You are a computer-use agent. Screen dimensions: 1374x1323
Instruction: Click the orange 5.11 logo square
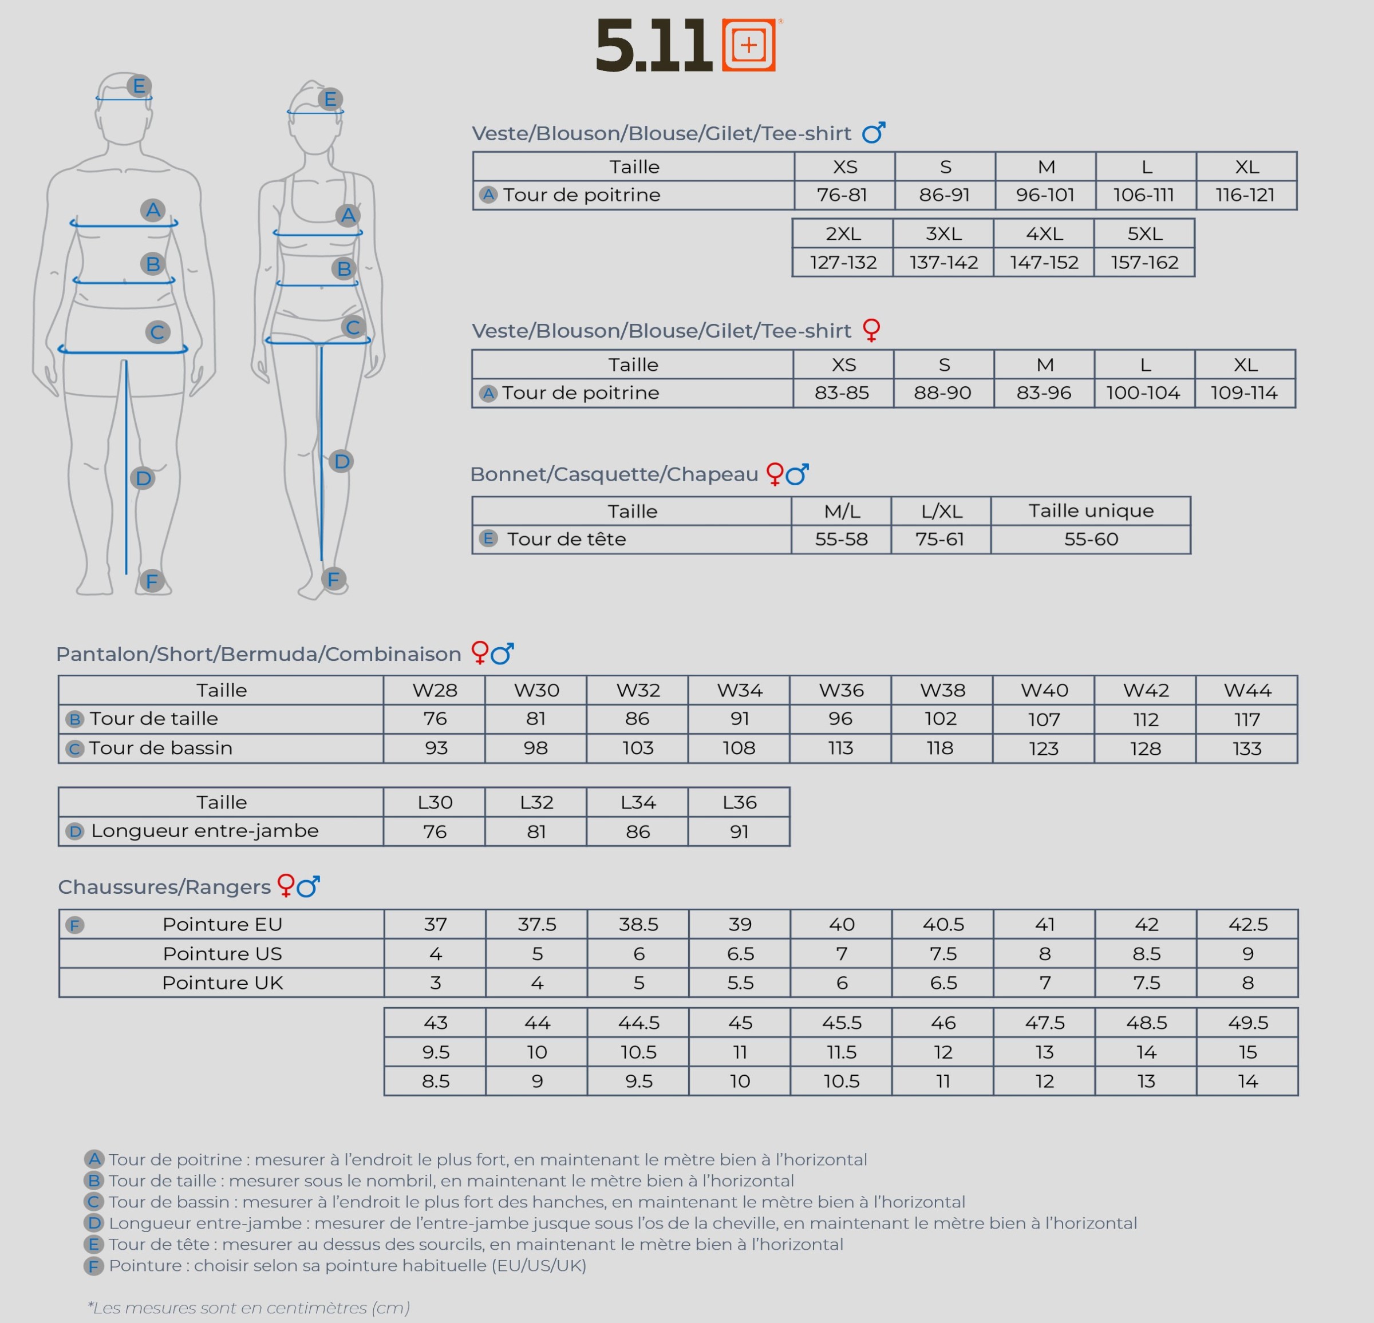[749, 45]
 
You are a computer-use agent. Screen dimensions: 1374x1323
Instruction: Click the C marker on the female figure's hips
[353, 327]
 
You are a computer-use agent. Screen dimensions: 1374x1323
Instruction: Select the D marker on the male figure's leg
[143, 478]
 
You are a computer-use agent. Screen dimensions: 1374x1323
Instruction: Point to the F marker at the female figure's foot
[334, 580]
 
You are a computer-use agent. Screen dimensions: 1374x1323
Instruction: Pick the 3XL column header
[943, 233]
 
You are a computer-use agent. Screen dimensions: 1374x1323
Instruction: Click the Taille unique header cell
[1091, 511]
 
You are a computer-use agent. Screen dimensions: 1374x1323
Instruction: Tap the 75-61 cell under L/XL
[940, 539]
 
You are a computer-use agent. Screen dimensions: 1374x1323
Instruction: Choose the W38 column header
[942, 690]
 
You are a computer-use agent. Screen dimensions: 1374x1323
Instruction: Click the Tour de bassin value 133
[1247, 748]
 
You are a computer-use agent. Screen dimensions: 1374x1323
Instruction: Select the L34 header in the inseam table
[638, 802]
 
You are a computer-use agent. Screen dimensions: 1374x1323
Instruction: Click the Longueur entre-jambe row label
[205, 830]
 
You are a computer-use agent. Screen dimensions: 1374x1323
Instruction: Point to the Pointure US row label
[222, 954]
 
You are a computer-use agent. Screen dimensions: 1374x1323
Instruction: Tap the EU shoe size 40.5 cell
[943, 924]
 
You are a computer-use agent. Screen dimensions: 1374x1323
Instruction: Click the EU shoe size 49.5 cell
[1248, 1023]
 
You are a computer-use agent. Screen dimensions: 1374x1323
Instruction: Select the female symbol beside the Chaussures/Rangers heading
[286, 885]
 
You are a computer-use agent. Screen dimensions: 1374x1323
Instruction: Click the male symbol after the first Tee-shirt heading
[874, 132]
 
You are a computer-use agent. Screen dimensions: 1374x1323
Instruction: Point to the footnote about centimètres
[249, 1308]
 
